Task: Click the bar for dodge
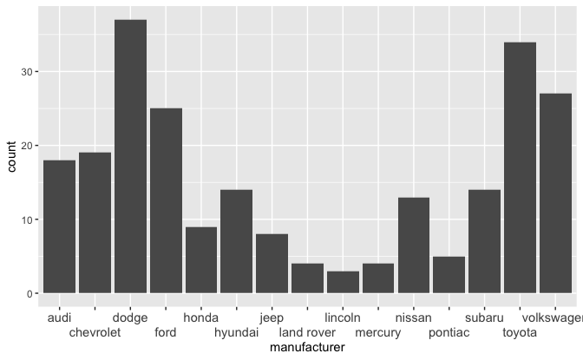click(x=130, y=156)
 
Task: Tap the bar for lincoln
click(x=343, y=282)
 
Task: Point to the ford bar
click(x=166, y=200)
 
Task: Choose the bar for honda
click(x=201, y=259)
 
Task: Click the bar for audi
click(x=59, y=226)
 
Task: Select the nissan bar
click(x=414, y=245)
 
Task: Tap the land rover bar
click(x=307, y=278)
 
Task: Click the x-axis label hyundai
click(x=236, y=332)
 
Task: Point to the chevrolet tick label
click(x=95, y=332)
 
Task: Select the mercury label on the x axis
click(x=378, y=332)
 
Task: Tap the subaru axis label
click(x=484, y=318)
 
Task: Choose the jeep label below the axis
click(x=272, y=318)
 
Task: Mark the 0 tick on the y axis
click(x=32, y=293)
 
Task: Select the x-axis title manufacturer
click(x=307, y=348)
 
